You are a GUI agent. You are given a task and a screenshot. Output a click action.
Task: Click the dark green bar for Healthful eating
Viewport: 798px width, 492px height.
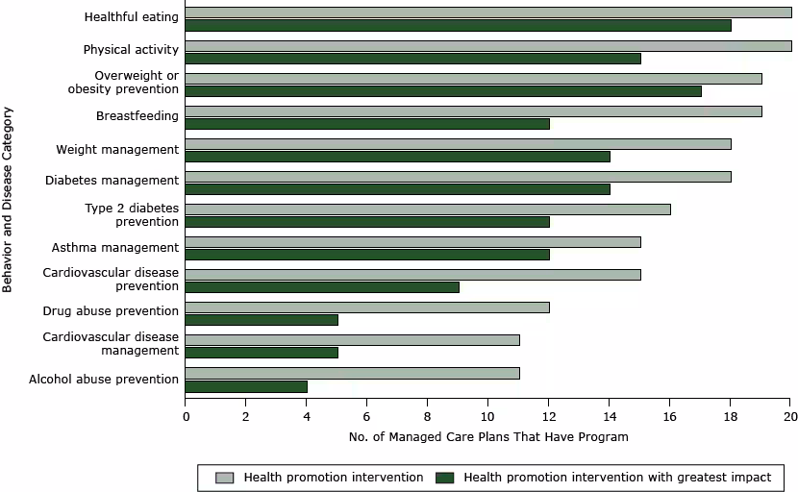click(x=458, y=26)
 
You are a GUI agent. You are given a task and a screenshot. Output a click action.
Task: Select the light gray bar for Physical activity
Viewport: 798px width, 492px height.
click(x=487, y=45)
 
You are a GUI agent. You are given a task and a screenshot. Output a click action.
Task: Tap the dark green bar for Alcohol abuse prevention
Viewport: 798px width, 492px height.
click(x=246, y=386)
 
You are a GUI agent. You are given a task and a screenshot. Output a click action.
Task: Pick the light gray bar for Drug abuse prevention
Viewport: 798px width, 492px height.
click(x=366, y=307)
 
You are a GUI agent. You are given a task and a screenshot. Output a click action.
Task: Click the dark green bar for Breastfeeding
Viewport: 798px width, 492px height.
click(x=366, y=124)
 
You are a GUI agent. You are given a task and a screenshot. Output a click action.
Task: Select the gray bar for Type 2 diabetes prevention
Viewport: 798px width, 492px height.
click(x=427, y=209)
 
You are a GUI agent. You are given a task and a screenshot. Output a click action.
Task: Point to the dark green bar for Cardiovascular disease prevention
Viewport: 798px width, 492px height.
click(x=321, y=286)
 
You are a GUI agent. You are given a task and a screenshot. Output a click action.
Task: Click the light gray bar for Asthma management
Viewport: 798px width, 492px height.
click(x=412, y=241)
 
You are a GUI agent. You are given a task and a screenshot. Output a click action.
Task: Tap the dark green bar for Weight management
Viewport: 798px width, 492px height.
click(x=397, y=157)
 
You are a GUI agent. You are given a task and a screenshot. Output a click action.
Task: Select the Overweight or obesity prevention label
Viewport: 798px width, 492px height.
click(x=136, y=83)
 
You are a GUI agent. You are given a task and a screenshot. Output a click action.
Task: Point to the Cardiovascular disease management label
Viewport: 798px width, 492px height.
click(x=111, y=344)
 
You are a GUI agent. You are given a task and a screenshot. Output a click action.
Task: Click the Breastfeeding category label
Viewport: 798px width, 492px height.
click(x=137, y=116)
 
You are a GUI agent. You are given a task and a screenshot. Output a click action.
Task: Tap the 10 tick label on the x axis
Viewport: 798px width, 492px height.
click(x=487, y=416)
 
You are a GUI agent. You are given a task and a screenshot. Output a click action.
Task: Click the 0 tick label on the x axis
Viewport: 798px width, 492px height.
click(x=186, y=416)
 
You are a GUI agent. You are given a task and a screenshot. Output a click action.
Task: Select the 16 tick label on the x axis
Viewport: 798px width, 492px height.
click(x=669, y=416)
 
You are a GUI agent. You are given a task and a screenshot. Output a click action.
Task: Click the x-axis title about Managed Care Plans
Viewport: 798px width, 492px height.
click(x=487, y=437)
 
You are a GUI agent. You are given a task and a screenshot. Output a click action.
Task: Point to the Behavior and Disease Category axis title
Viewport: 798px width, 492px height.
click(x=9, y=199)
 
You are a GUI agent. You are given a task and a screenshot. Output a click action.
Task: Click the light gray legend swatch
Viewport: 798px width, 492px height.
click(x=225, y=478)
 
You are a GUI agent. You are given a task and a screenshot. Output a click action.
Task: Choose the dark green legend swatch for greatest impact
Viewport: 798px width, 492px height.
click(x=444, y=478)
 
